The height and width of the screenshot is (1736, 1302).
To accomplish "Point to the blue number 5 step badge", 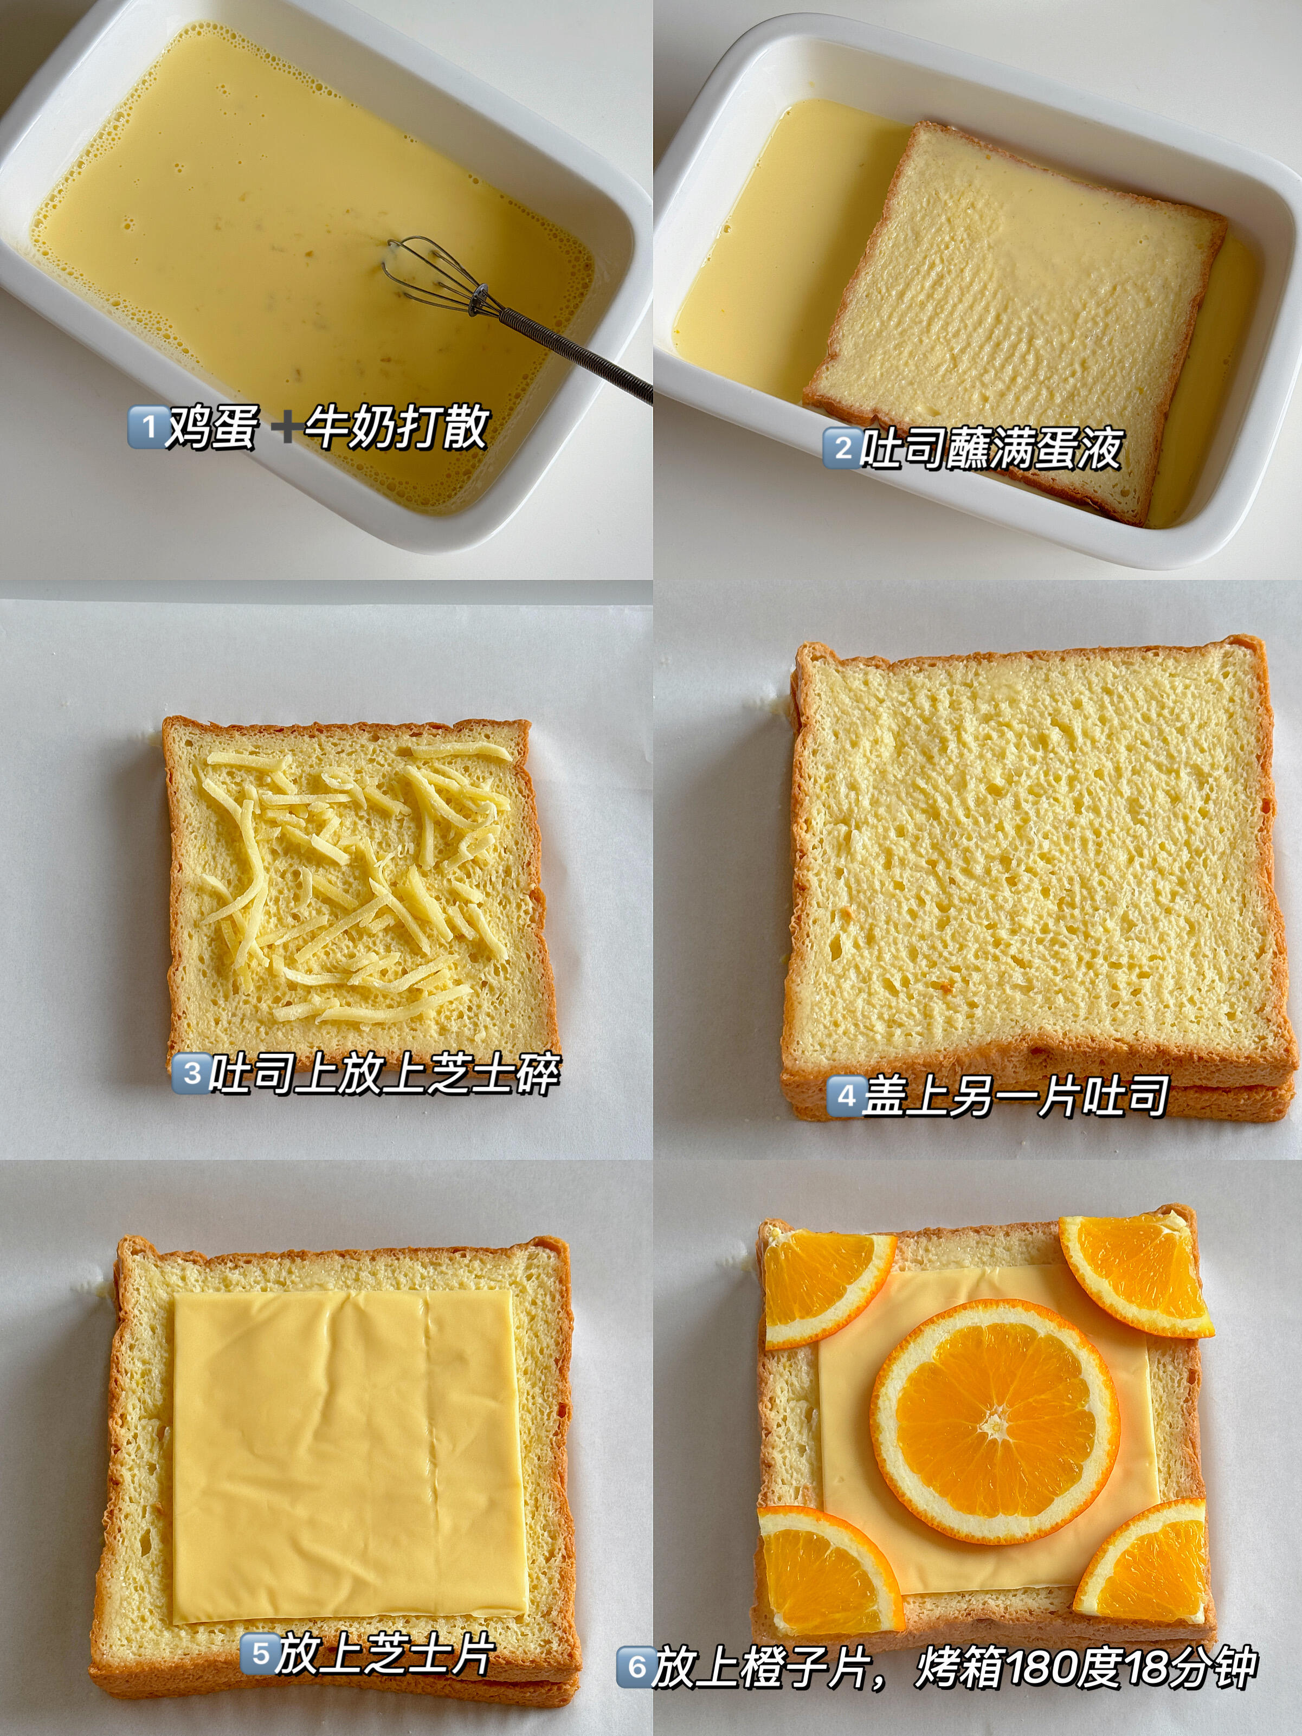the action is pyautogui.click(x=259, y=1654).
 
